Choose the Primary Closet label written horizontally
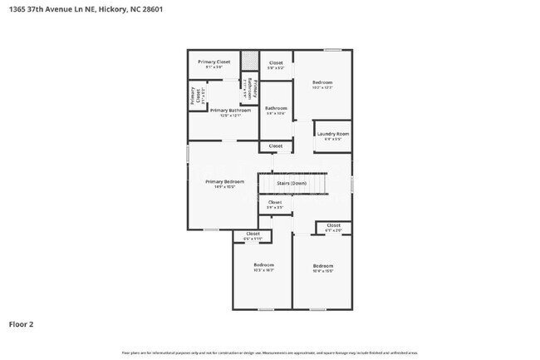pyautogui.click(x=214, y=62)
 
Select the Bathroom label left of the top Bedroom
pyautogui.click(x=276, y=108)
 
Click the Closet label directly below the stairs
pyautogui.click(x=275, y=202)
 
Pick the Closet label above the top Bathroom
pyautogui.click(x=276, y=62)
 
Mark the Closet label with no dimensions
pyautogui.click(x=276, y=145)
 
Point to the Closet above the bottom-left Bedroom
pyautogui.click(x=253, y=234)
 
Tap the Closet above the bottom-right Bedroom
pyautogui.click(x=333, y=225)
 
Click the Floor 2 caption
pyautogui.click(x=22, y=324)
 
